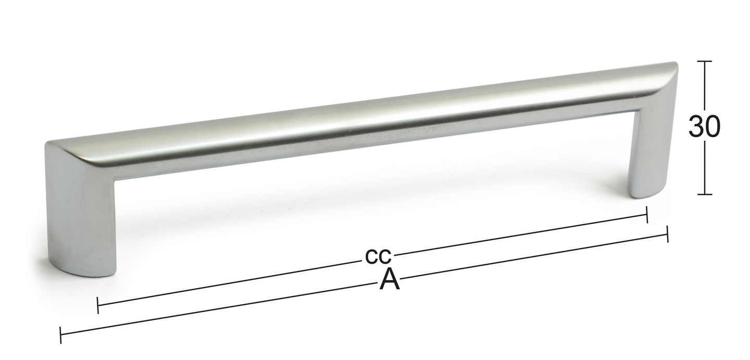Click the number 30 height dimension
coord(704,127)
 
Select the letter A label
coord(390,279)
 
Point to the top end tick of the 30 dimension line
coord(704,61)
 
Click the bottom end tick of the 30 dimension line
coord(704,194)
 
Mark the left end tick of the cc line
coord(98,305)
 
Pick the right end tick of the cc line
coord(647,215)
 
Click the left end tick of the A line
coord(60,335)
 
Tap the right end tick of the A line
coord(667,234)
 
